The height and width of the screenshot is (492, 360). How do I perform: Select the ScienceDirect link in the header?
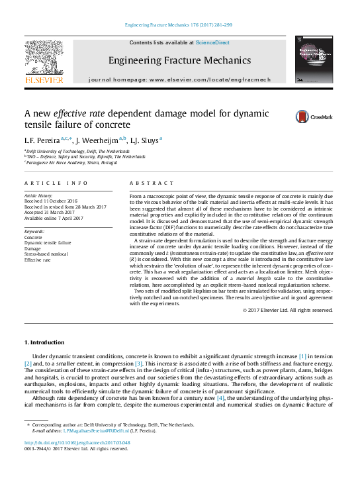coord(212,42)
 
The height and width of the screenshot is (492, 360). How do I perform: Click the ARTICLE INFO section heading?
coord(56,182)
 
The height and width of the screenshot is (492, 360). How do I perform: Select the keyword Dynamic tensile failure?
coord(49,242)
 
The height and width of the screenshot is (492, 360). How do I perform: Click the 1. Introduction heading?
coord(44,342)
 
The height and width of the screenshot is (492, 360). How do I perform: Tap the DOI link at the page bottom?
coord(77,442)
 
